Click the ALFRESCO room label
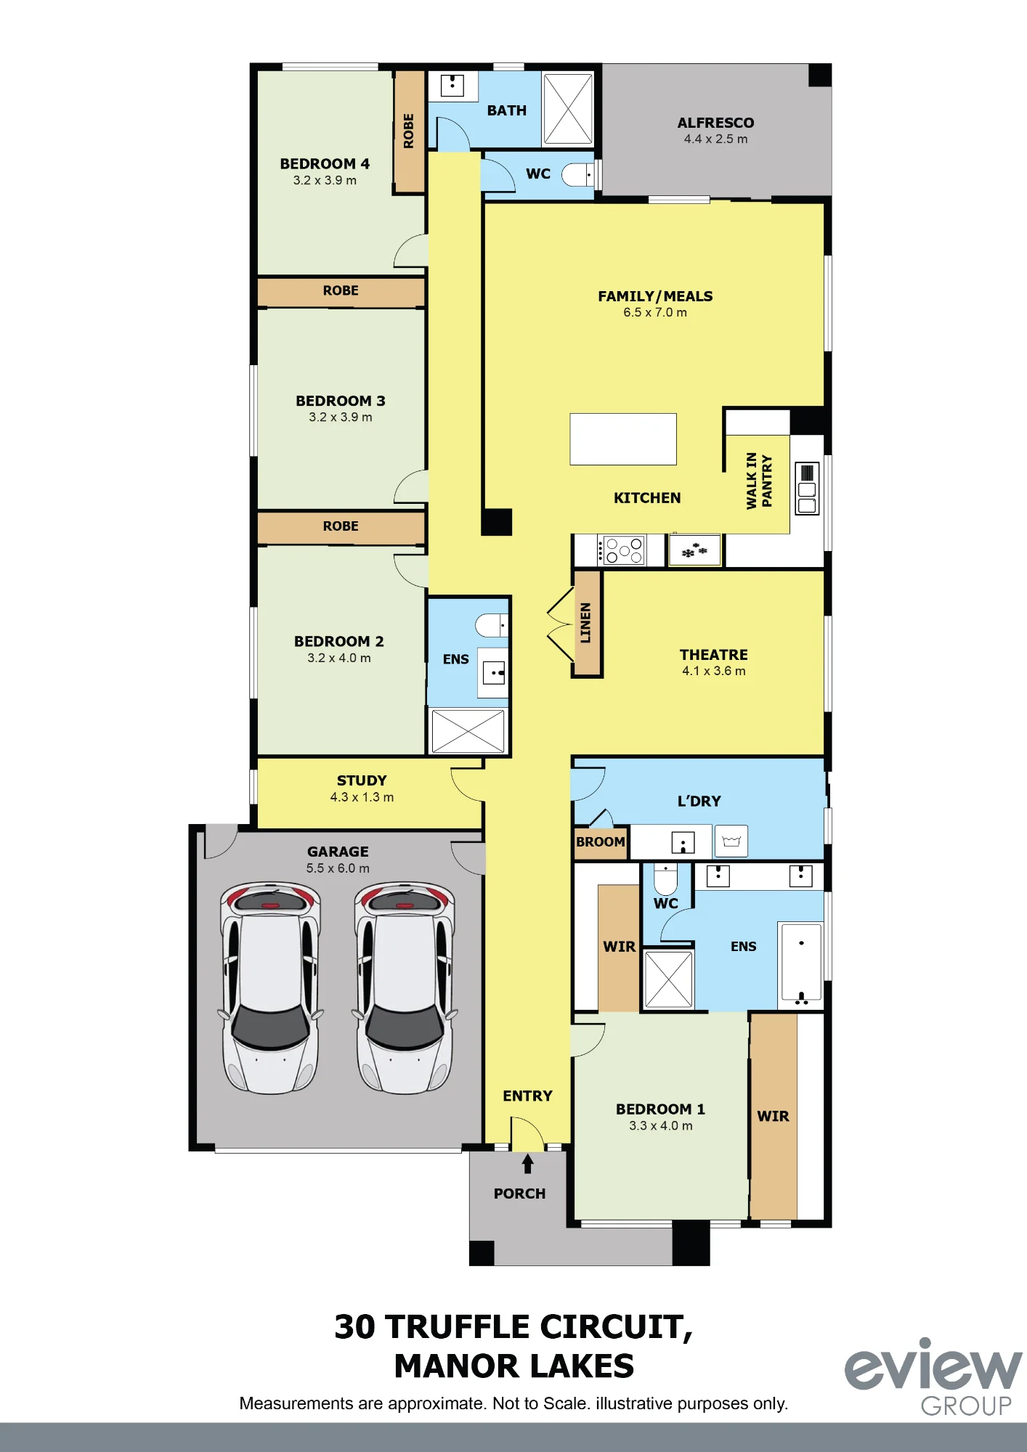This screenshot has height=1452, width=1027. click(x=715, y=123)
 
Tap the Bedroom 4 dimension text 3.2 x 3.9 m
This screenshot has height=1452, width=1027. click(x=325, y=181)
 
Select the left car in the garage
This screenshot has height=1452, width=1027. click(x=270, y=988)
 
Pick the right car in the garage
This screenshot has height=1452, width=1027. click(x=405, y=988)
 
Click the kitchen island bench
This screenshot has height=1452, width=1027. click(x=623, y=439)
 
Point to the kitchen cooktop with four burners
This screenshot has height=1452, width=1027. click(x=621, y=550)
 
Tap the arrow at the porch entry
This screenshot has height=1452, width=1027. click(x=528, y=1164)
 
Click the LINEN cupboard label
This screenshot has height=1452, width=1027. click(x=585, y=623)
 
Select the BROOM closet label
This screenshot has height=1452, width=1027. click(x=601, y=842)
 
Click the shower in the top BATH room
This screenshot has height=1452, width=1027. click(x=568, y=109)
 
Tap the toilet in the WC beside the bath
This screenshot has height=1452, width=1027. click(x=578, y=174)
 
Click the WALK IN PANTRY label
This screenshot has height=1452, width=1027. click(x=759, y=481)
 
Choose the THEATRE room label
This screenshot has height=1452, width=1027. click(x=714, y=655)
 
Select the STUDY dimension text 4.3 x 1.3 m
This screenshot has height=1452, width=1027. click(x=362, y=797)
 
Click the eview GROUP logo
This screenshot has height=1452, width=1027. click(x=934, y=1377)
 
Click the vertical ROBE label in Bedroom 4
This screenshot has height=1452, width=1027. click(x=408, y=131)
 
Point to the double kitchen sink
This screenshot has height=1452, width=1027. click(x=807, y=489)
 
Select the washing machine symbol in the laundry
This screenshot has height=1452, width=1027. click(x=731, y=841)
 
